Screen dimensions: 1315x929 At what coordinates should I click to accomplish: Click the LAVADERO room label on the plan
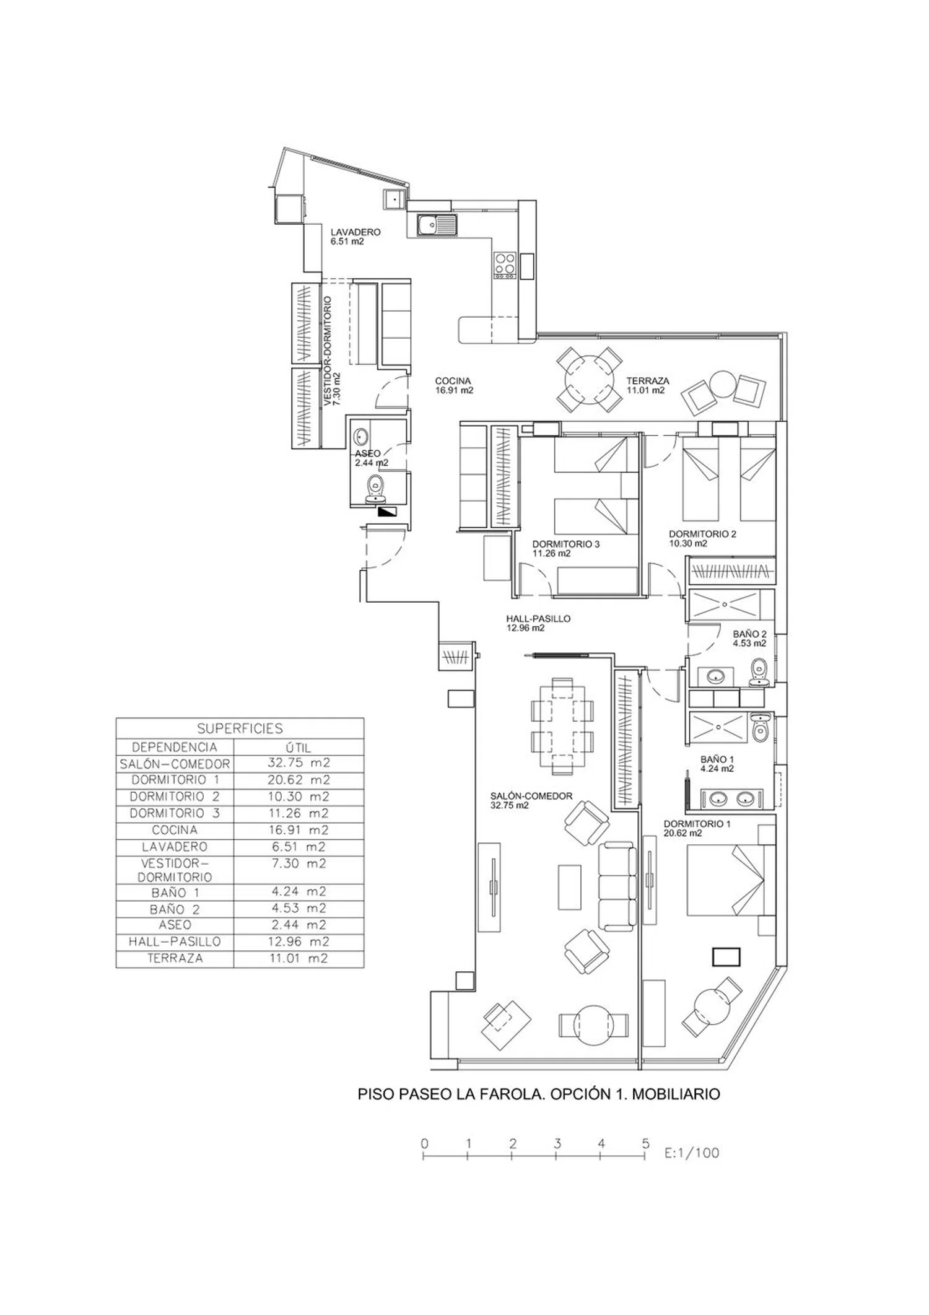355,232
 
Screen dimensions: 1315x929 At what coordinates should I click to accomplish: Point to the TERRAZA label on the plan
647,382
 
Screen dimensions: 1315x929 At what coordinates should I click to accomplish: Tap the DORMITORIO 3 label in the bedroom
565,544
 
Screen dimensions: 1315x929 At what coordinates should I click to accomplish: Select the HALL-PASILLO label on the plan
538,619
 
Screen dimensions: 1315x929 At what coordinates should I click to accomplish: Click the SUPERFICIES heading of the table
240,728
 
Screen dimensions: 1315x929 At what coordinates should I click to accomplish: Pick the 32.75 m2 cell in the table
299,764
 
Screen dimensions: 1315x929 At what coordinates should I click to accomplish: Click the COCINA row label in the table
175,830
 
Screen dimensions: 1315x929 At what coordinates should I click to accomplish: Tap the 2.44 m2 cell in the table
299,925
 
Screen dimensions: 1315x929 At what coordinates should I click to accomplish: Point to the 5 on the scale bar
645,1143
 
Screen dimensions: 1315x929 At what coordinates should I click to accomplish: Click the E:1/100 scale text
691,1153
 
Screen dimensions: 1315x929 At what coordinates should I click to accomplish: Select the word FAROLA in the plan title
508,1094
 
